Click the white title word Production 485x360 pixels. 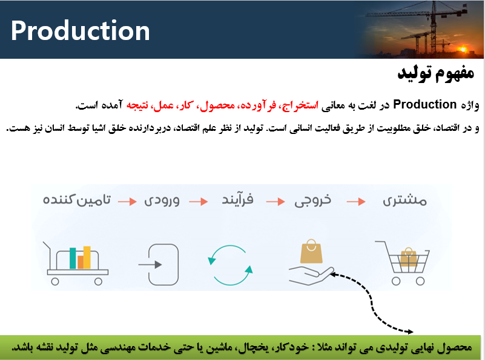point(81,31)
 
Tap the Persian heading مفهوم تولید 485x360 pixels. point(436,73)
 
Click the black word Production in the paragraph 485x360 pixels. point(425,105)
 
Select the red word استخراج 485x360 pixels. point(299,105)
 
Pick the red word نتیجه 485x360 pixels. point(137,105)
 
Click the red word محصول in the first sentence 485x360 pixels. point(217,105)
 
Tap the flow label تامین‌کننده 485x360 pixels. point(77,200)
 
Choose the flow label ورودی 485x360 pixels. point(162,200)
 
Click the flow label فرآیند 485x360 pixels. point(237,199)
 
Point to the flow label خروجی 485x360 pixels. point(312,200)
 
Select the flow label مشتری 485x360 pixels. point(405,201)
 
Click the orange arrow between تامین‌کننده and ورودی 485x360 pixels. point(127,201)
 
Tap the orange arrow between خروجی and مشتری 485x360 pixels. point(356,202)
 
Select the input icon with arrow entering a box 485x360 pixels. point(159,265)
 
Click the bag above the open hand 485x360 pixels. point(311,252)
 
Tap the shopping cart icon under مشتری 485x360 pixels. point(402,263)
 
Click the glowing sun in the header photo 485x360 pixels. point(463,49)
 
